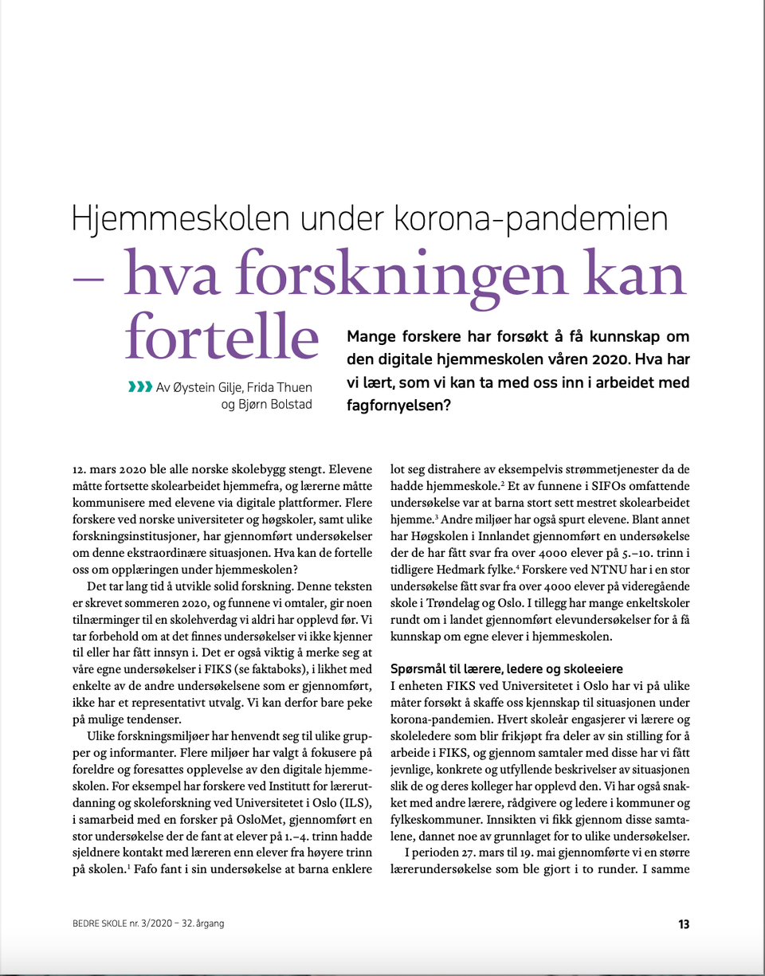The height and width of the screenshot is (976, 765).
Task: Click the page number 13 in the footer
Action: pyautogui.click(x=683, y=924)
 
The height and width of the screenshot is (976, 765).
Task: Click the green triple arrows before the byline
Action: pyautogui.click(x=139, y=388)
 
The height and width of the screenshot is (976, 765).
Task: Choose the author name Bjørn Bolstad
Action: pyautogui.click(x=267, y=405)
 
